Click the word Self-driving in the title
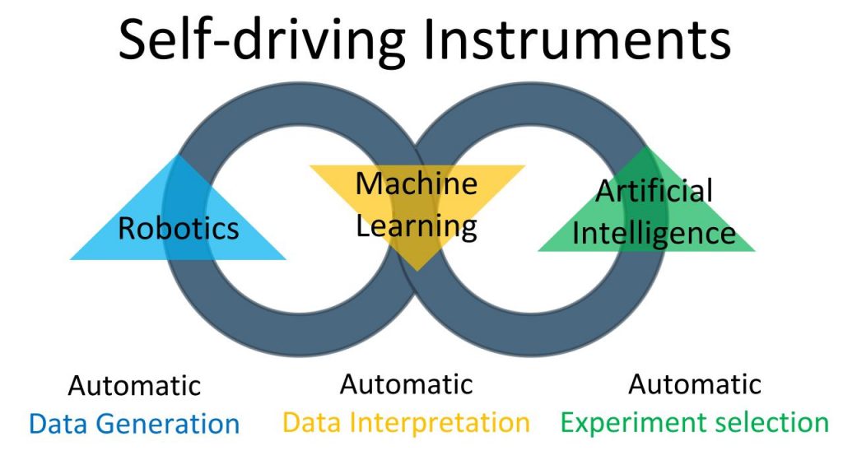(x=261, y=40)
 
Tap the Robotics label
(x=179, y=229)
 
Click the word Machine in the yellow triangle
(x=417, y=184)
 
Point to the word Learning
(x=417, y=227)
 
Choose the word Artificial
(x=654, y=191)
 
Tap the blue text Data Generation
(x=134, y=424)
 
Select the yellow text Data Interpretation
(x=407, y=423)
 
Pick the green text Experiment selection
(x=695, y=423)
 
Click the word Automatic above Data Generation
(x=134, y=386)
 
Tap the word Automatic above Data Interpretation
(x=407, y=384)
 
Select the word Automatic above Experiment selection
(x=695, y=384)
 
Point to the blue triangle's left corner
(x=71, y=259)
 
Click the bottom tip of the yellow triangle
(x=417, y=270)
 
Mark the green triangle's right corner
(x=754, y=250)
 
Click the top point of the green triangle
(x=645, y=147)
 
